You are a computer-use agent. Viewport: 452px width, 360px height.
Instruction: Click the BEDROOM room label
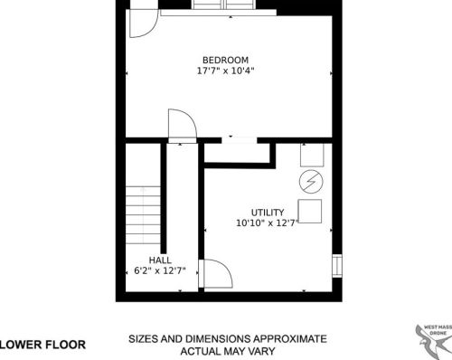(x=225, y=60)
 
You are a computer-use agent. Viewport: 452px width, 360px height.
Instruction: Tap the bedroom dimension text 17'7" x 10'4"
(x=225, y=71)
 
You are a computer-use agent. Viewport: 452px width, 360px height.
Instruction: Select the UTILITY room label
(x=268, y=213)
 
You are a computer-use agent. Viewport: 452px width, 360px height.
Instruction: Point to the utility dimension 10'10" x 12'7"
(x=268, y=223)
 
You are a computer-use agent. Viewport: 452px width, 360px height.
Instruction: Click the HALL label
(x=160, y=261)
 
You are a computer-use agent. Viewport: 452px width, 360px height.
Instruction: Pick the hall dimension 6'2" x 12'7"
(x=160, y=270)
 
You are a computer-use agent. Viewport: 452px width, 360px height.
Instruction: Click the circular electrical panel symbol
(x=311, y=182)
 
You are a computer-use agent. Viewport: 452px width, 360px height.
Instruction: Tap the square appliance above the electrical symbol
(x=312, y=155)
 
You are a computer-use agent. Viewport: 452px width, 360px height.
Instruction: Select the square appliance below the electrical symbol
(x=310, y=211)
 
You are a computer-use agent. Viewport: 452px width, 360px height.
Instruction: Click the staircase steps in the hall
(x=143, y=215)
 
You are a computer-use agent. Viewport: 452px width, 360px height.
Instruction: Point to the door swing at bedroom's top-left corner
(x=144, y=24)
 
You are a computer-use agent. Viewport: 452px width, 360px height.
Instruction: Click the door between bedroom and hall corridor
(x=183, y=126)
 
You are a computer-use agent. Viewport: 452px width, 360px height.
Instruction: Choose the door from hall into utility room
(x=216, y=273)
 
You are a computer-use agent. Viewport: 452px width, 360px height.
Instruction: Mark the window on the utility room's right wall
(x=337, y=266)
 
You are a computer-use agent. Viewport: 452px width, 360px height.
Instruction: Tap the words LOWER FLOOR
(x=42, y=345)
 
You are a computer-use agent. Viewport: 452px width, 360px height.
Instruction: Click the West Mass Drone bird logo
(x=434, y=342)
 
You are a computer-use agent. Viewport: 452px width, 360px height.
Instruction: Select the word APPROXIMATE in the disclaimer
(x=290, y=339)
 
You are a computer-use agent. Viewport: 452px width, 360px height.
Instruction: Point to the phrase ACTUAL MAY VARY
(x=228, y=351)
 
